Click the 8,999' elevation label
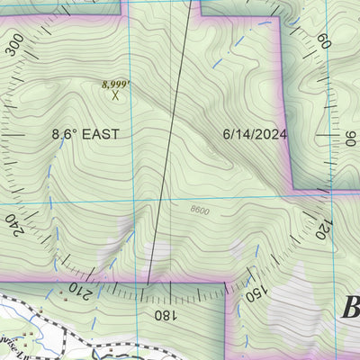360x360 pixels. click(116, 84)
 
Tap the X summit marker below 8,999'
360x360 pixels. click(115, 94)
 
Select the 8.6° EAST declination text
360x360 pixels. click(85, 134)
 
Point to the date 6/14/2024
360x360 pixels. click(254, 134)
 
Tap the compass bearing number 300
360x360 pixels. click(15, 45)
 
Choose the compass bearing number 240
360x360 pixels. click(13, 223)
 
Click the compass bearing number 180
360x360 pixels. click(164, 315)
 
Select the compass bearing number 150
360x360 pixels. click(255, 290)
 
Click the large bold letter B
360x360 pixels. click(349, 310)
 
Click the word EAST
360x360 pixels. click(100, 134)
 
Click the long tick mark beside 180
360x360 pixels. click(147, 292)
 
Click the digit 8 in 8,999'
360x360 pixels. click(105, 84)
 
